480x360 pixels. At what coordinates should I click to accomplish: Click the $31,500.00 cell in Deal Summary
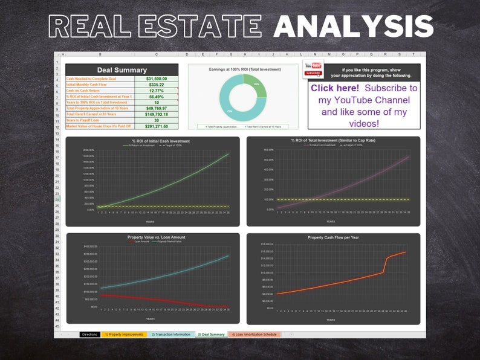pos(157,79)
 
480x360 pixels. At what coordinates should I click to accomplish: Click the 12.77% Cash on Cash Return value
pos(157,91)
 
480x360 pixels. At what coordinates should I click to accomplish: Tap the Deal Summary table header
pos(122,70)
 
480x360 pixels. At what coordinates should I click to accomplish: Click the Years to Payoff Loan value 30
pos(157,120)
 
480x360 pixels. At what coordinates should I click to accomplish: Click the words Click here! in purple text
pos(334,88)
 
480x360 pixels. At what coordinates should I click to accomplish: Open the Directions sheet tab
pos(89,334)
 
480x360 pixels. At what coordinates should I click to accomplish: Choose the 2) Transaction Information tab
pos(170,334)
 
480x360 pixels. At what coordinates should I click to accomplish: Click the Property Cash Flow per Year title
pos(333,237)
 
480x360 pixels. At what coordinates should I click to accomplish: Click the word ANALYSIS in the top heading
pos(353,27)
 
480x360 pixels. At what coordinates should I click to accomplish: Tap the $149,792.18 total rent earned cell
pos(157,114)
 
